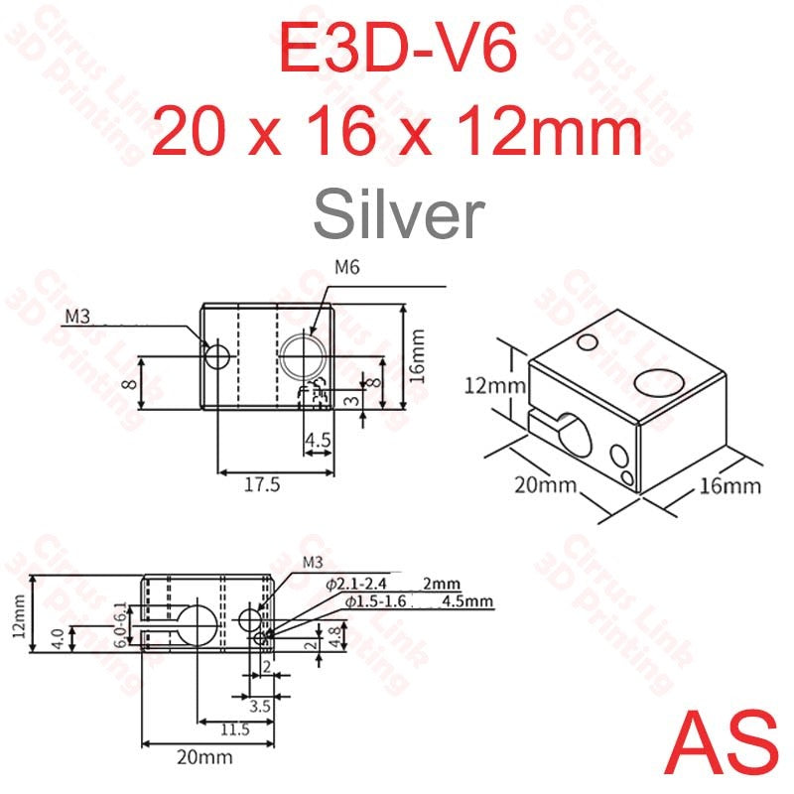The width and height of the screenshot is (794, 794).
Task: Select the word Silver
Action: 397,213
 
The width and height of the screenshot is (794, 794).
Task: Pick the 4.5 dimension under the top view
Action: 318,439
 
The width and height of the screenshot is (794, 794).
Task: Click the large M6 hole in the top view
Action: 302,354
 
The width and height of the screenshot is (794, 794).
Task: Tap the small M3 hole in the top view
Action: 215,353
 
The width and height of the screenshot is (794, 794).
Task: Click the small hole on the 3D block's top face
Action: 587,343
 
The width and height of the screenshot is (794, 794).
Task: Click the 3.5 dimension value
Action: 261,707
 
